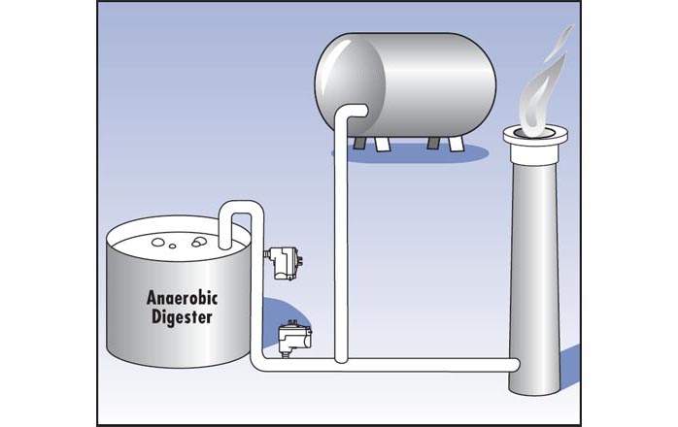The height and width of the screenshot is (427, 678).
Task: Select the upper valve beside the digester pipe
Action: pos(283,259)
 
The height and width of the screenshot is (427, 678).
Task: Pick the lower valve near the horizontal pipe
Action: pos(292,337)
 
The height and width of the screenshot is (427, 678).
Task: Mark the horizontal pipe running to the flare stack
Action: pos(427,365)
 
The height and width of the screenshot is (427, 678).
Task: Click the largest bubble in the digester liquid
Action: pos(198,244)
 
